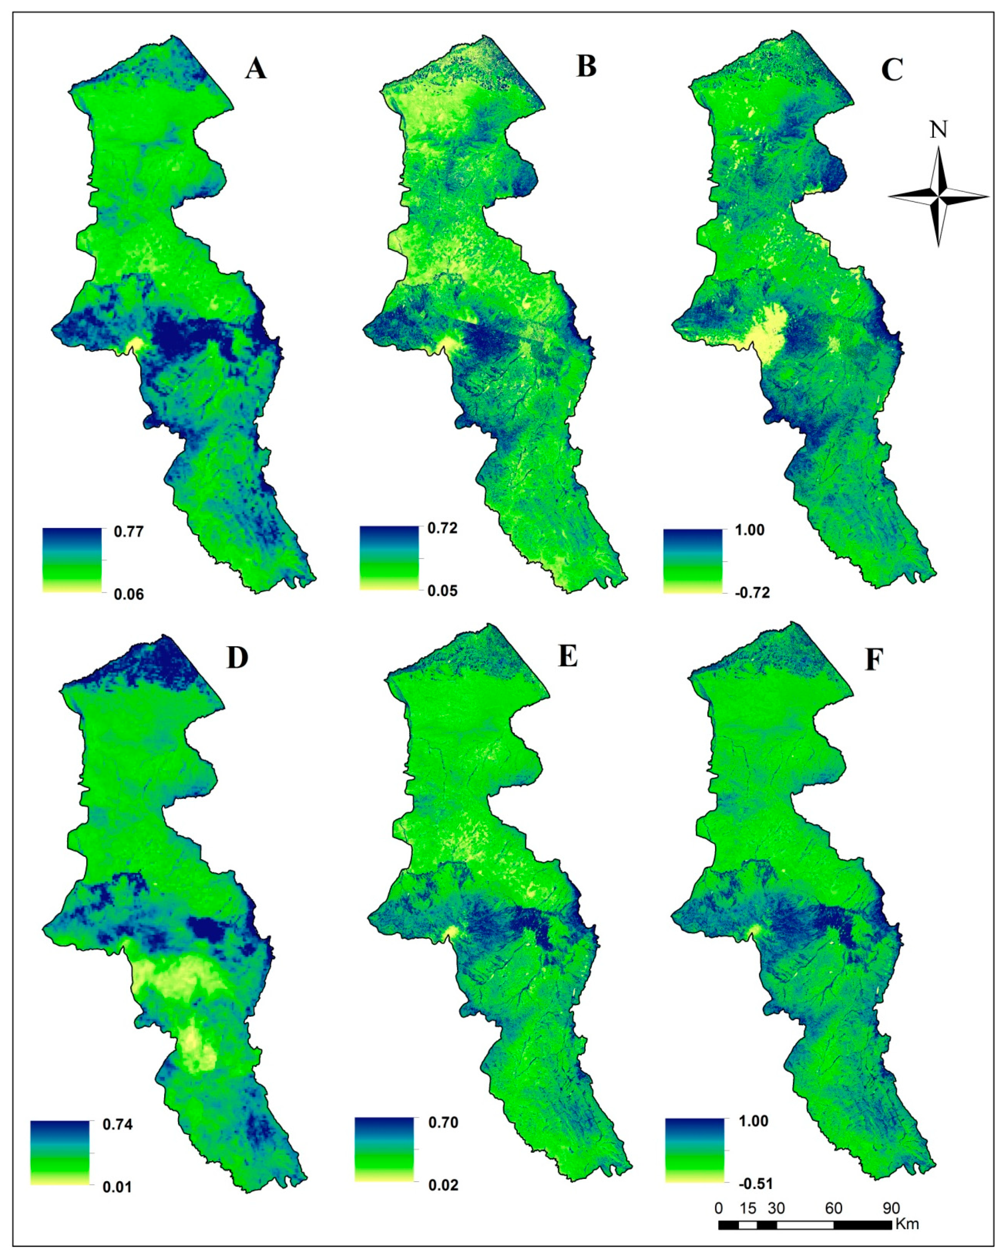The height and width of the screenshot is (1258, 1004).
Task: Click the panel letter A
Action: point(256,69)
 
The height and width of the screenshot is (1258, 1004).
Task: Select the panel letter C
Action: point(892,70)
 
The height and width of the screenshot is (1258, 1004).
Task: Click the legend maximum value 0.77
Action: point(128,532)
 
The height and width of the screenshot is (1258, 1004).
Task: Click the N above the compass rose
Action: point(938,130)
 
